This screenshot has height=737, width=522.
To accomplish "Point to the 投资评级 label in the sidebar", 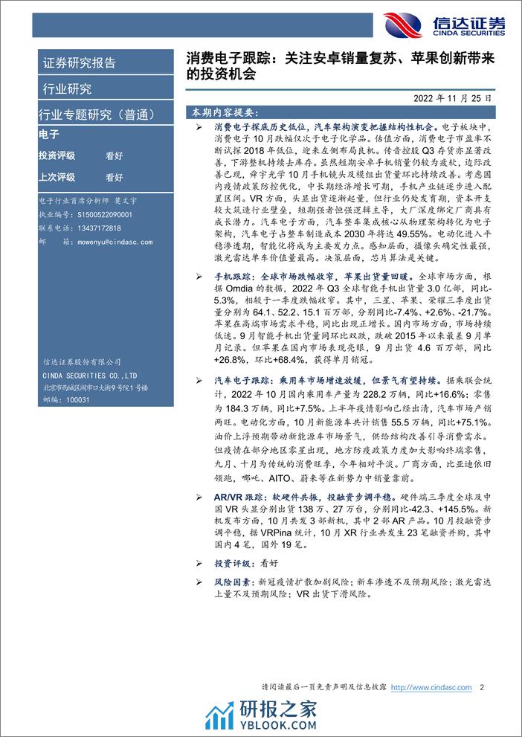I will point(57,156).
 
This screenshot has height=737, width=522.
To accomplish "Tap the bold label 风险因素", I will point(228,583).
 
